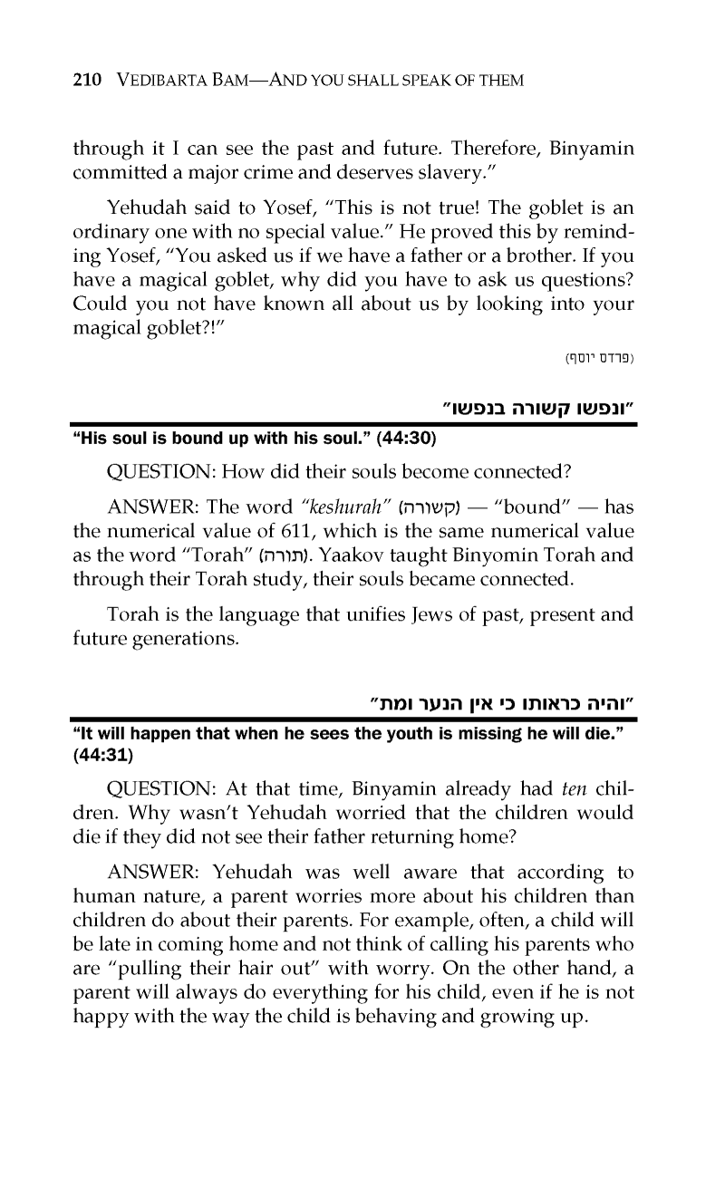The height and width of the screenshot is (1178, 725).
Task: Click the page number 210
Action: (89, 82)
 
